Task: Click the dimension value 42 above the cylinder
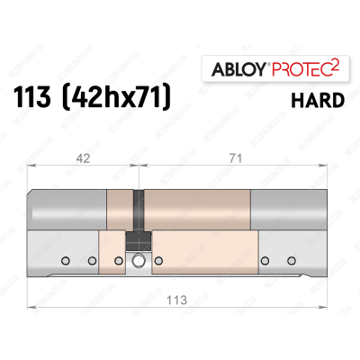pyautogui.click(x=82, y=156)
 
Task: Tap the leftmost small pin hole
pyautogui.click(x=66, y=262)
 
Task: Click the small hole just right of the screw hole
pyautogui.click(x=157, y=262)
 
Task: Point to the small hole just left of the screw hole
pyautogui.click(x=119, y=262)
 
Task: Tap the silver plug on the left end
pyautogui.click(x=67, y=209)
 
